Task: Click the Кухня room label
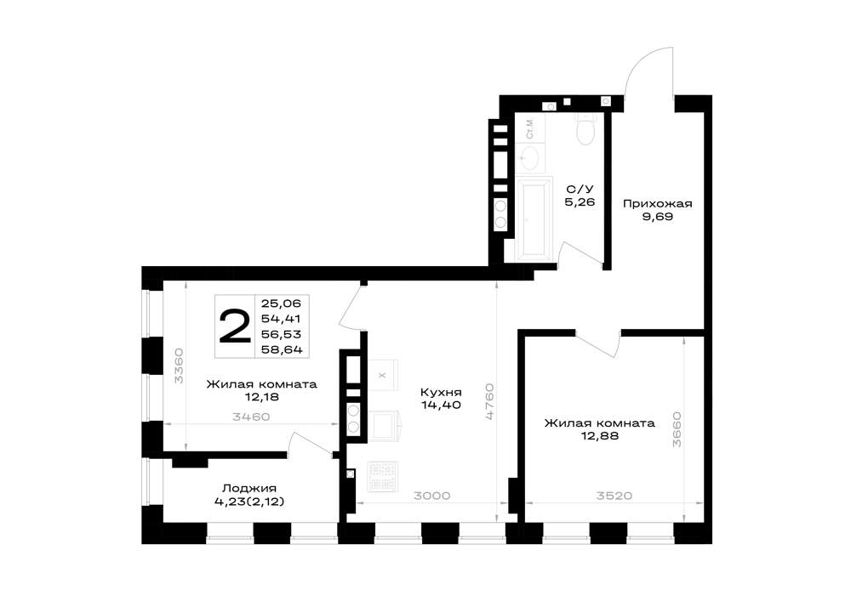coord(441,392)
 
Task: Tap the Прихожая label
coord(657,204)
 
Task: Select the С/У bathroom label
coord(580,189)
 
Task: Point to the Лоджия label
coord(249,488)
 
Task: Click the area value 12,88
coord(600,435)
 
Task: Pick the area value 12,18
coord(261,397)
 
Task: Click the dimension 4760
coord(489,401)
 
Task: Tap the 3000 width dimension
coord(431,496)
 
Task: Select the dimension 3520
coord(614,496)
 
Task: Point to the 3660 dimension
coord(677,430)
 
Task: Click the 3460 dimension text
coord(251,417)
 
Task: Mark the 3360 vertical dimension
coord(179,366)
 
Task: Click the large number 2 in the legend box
coord(235,326)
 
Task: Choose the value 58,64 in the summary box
coord(282,349)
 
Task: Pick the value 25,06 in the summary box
coord(281,303)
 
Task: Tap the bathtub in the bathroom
coord(535,218)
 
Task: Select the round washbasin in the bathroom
coord(528,159)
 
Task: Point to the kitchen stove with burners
coord(383,476)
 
